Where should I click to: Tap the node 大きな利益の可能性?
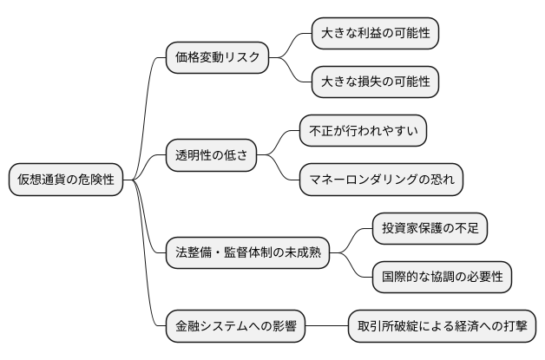pyautogui.click(x=375, y=34)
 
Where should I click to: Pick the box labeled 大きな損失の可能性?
pyautogui.click(x=375, y=83)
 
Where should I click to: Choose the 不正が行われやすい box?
pyautogui.click(x=363, y=132)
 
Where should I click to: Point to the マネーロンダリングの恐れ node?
pyautogui.click(x=381, y=180)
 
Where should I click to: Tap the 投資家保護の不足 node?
pyautogui.click(x=430, y=229)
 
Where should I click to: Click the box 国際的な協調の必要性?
pyautogui.click(x=442, y=278)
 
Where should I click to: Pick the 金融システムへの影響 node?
pyautogui.click(x=235, y=327)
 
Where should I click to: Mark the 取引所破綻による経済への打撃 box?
pyautogui.click(x=442, y=327)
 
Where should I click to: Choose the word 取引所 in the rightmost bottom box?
pyautogui.click(x=375, y=327)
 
